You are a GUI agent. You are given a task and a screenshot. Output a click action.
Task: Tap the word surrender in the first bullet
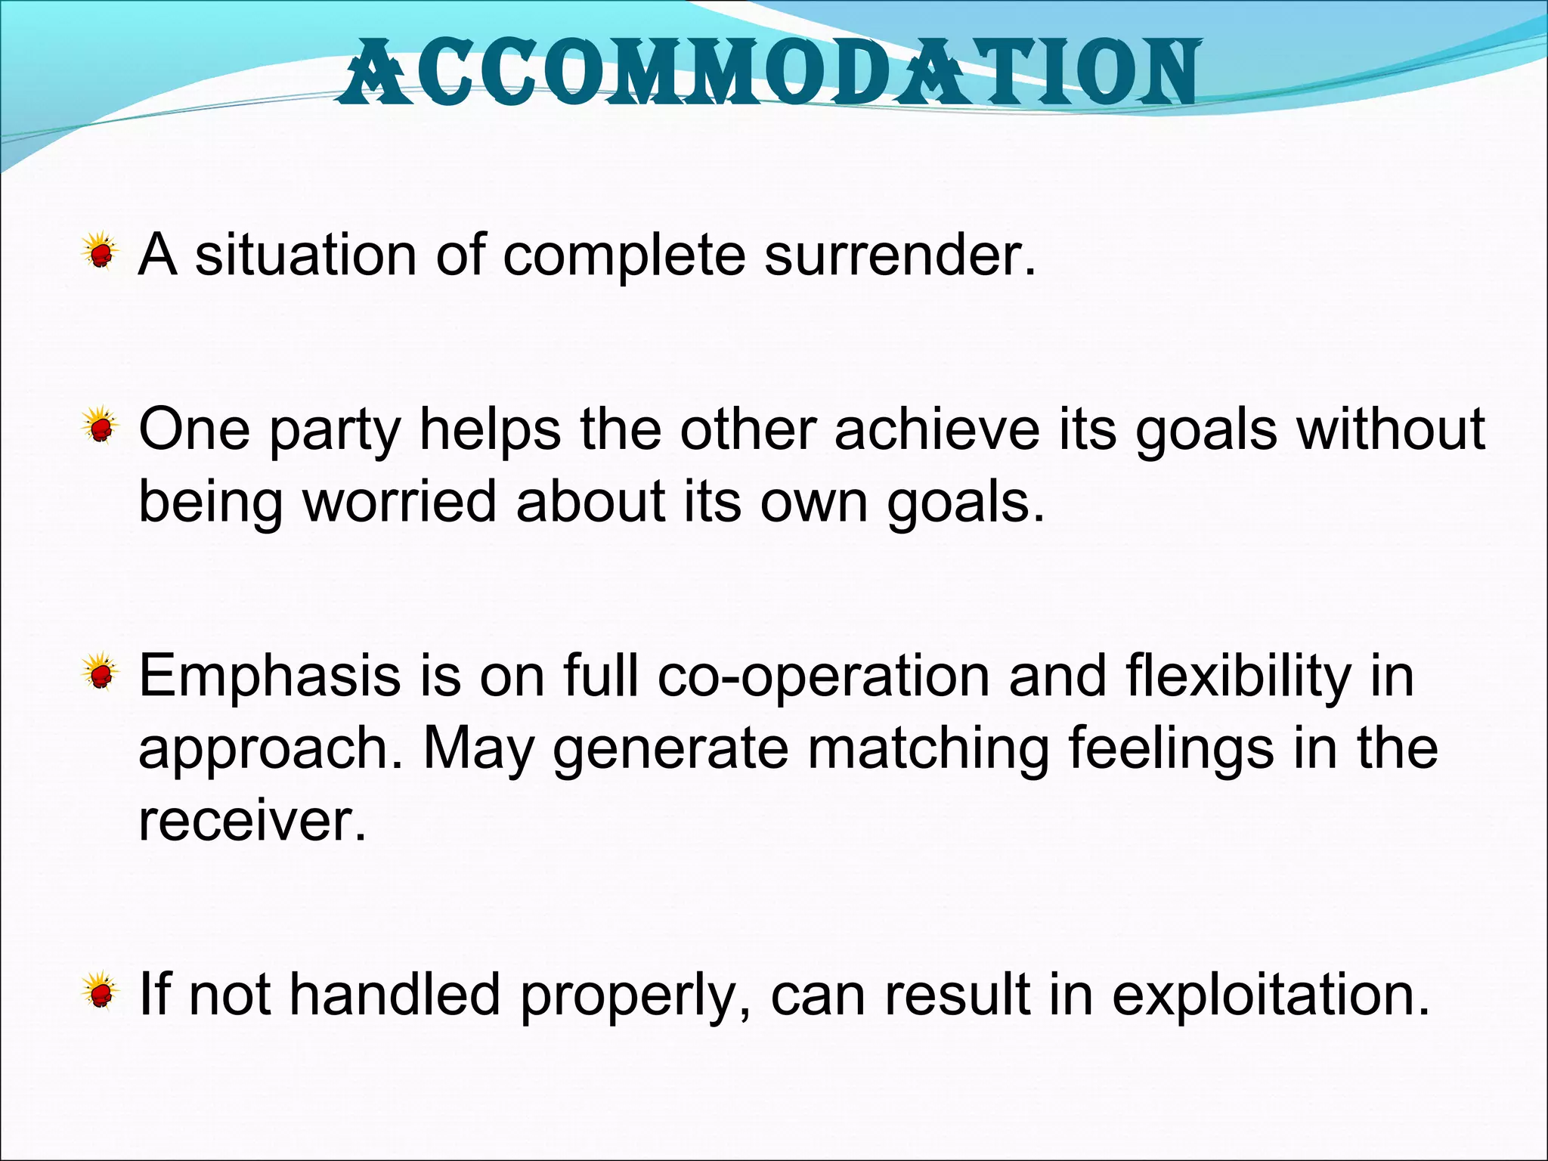click(x=899, y=255)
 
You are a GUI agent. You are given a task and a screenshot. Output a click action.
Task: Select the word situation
click(x=305, y=255)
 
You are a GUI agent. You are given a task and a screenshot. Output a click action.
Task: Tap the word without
click(x=1391, y=429)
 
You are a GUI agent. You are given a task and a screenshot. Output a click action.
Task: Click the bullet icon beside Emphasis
click(x=100, y=672)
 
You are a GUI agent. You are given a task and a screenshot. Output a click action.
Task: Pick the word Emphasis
click(x=269, y=676)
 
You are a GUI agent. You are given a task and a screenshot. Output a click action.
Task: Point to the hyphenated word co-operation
click(x=823, y=677)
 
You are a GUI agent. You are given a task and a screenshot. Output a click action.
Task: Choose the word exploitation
click(x=1270, y=995)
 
